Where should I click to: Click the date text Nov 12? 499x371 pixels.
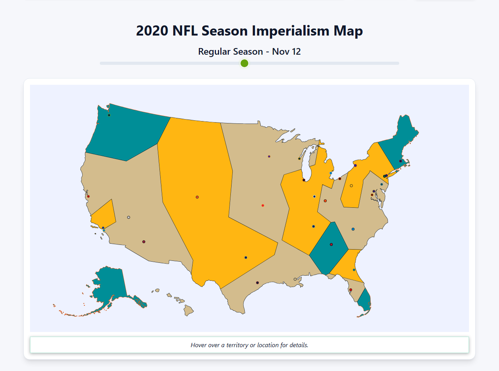(287, 52)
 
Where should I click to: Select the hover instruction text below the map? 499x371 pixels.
(249, 345)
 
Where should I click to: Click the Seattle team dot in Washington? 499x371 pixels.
(109, 115)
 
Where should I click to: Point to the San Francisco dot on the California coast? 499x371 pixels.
(88, 196)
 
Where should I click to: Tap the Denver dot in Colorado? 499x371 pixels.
(197, 197)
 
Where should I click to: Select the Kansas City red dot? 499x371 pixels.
(263, 205)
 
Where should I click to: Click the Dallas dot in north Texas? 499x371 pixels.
(246, 257)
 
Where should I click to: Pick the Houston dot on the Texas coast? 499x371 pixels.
(257, 283)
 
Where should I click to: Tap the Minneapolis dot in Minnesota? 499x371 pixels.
(269, 157)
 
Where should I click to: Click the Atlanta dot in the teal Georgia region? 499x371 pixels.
(331, 244)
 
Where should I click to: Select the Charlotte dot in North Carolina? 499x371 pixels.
(353, 229)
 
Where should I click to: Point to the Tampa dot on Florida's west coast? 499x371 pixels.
(350, 290)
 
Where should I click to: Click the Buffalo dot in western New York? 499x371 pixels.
(355, 166)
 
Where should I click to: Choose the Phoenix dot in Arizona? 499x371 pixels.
(144, 242)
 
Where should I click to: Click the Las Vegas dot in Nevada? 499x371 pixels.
(129, 217)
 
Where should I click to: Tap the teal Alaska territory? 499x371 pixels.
(109, 285)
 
